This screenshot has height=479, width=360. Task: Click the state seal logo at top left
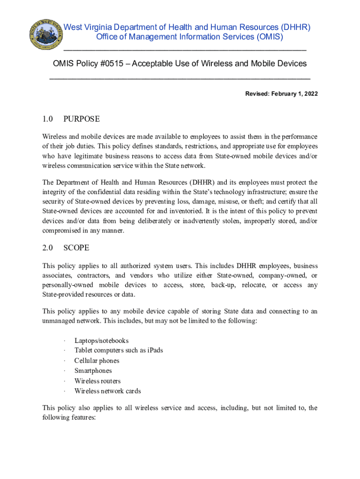[x=45, y=35]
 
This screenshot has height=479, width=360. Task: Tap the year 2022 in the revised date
[x=310, y=94]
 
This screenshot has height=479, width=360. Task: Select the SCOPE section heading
[x=76, y=247]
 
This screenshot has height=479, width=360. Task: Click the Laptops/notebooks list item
[x=101, y=341]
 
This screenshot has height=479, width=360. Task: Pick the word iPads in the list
[x=154, y=350]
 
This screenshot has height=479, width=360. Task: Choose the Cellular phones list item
[x=97, y=361]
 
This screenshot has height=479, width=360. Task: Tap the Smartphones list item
[x=93, y=371]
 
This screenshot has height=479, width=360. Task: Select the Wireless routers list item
[x=97, y=381]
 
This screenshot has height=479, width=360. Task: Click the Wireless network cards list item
[x=108, y=391]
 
